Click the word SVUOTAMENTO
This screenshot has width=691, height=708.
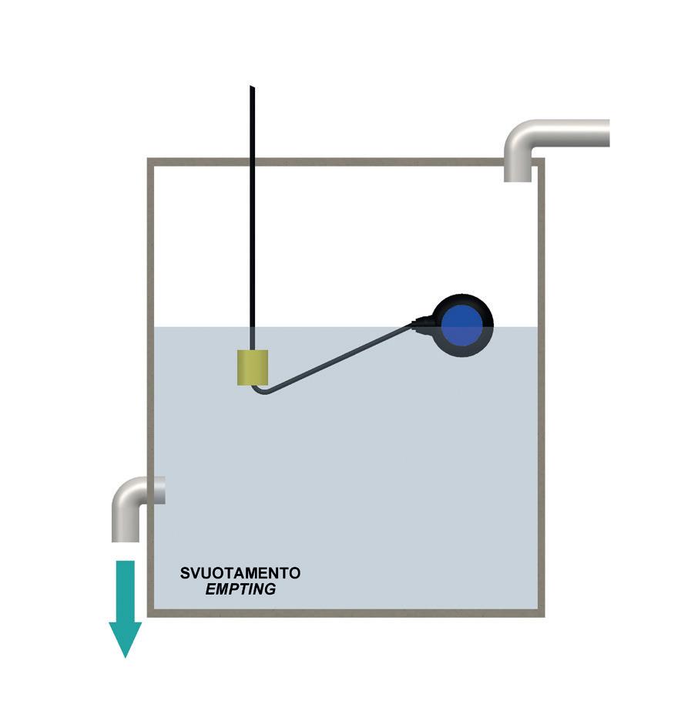coord(240,574)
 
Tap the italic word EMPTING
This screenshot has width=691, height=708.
coord(240,590)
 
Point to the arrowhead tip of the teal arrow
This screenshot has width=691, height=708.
coord(125,656)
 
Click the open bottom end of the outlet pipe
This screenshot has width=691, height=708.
coord(125,539)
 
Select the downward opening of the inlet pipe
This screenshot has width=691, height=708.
coord(518,179)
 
